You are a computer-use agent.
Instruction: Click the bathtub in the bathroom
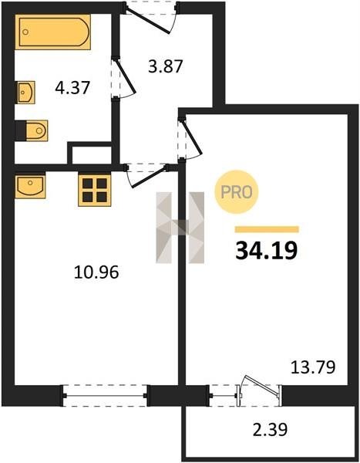pyautogui.click(x=52, y=32)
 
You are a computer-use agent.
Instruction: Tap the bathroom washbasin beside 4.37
pyautogui.click(x=25, y=92)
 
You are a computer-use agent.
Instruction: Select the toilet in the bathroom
pyautogui.click(x=32, y=130)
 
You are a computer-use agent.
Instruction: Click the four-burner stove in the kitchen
pyautogui.click(x=94, y=190)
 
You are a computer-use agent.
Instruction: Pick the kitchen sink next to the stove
pyautogui.click(x=30, y=186)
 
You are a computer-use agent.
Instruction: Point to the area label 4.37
pyautogui.click(x=72, y=88)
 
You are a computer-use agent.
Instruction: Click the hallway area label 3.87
pyautogui.click(x=166, y=66)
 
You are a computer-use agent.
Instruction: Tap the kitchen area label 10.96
pyautogui.click(x=96, y=272)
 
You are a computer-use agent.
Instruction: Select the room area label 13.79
pyautogui.click(x=313, y=367)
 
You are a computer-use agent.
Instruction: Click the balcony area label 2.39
pyautogui.click(x=270, y=430)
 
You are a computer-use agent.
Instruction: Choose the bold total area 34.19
pyautogui.click(x=266, y=251)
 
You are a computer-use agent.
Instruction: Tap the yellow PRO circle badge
pyautogui.click(x=237, y=192)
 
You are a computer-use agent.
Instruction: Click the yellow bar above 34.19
pyautogui.click(x=267, y=229)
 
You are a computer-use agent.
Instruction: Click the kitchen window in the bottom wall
pyautogui.click(x=105, y=395)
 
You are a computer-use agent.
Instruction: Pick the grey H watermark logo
pyautogui.click(x=180, y=228)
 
